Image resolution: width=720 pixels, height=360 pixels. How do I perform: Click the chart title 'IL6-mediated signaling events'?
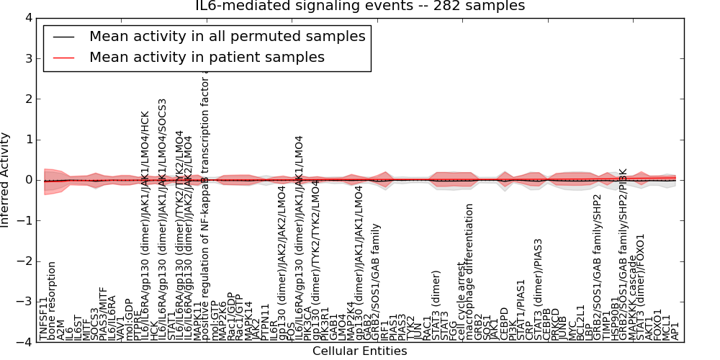click(360, 6)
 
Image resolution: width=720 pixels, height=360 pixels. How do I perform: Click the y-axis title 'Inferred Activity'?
click(6, 180)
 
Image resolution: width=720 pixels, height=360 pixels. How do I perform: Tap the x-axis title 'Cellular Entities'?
click(359, 351)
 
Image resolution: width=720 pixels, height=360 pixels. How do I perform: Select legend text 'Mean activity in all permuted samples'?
click(228, 36)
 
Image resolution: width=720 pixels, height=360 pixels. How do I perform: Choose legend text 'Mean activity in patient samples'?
click(207, 57)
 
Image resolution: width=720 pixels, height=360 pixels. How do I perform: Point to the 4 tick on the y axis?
click(28, 18)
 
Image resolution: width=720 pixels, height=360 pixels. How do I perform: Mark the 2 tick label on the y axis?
click(28, 99)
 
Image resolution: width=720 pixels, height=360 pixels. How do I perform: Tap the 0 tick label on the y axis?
click(28, 180)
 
